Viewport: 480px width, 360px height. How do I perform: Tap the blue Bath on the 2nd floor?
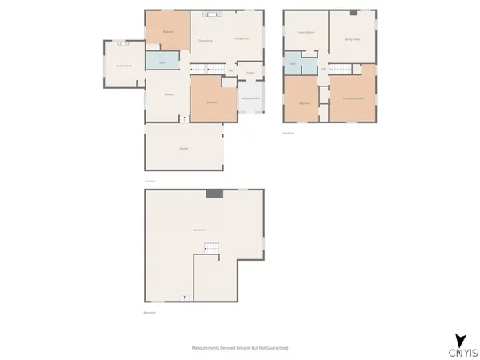[294, 62]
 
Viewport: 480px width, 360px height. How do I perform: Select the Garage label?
[184, 150]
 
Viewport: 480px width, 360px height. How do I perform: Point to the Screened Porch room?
[250, 101]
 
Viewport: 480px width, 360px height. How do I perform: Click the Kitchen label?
[169, 94]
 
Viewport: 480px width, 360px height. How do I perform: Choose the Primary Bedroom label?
[353, 98]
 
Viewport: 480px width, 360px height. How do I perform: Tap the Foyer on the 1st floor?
[250, 73]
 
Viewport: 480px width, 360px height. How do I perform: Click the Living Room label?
[242, 38]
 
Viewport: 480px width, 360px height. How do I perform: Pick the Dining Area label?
[205, 40]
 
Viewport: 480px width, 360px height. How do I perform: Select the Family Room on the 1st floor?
[125, 65]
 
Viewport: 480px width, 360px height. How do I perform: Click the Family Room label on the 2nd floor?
[353, 38]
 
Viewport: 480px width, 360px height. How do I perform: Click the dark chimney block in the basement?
[214, 194]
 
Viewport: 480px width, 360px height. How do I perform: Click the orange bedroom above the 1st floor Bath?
[167, 31]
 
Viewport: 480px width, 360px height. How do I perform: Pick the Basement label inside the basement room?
[200, 230]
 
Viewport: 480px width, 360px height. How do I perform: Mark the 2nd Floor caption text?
[288, 132]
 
